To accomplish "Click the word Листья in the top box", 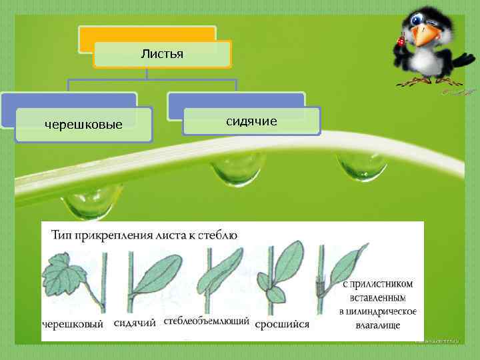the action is (162, 53).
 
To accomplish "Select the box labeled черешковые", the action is (83, 124).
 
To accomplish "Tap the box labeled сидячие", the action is (251, 121).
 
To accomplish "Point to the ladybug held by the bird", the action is (401, 41).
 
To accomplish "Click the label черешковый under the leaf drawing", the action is (73, 325).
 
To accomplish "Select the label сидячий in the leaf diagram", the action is (135, 323).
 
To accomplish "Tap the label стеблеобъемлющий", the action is (206, 321).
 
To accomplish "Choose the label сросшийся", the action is (282, 325).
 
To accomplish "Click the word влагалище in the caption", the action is (378, 324).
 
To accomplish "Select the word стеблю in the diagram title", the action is (219, 234).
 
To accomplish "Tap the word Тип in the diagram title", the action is (61, 234).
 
